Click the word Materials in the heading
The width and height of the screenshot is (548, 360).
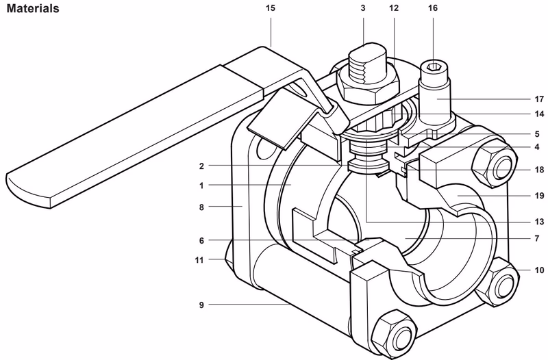32,10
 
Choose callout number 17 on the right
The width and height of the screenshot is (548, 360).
539,99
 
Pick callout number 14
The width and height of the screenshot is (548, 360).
539,114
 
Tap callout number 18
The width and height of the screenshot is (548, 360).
539,169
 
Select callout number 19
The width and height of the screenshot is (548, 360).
539,195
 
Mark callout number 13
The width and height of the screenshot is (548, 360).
539,222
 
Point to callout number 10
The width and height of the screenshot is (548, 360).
539,270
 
